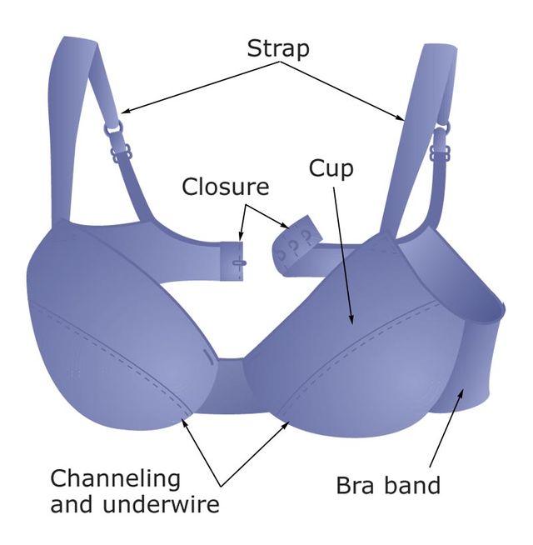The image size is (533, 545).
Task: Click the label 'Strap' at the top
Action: (278, 48)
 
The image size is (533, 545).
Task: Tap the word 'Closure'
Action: (226, 186)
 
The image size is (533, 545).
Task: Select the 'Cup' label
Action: (331, 168)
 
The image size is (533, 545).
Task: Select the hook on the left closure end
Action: (240, 262)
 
